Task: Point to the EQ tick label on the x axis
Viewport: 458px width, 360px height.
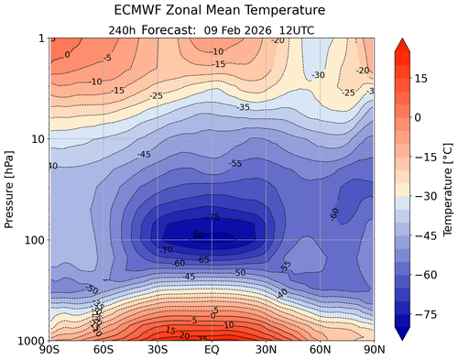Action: pyautogui.click(x=211, y=350)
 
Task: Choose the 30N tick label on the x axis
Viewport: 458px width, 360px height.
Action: pyautogui.click(x=265, y=350)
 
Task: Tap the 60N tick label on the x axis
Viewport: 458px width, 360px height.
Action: pyautogui.click(x=319, y=350)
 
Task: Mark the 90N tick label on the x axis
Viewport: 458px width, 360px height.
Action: pyautogui.click(x=372, y=350)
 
